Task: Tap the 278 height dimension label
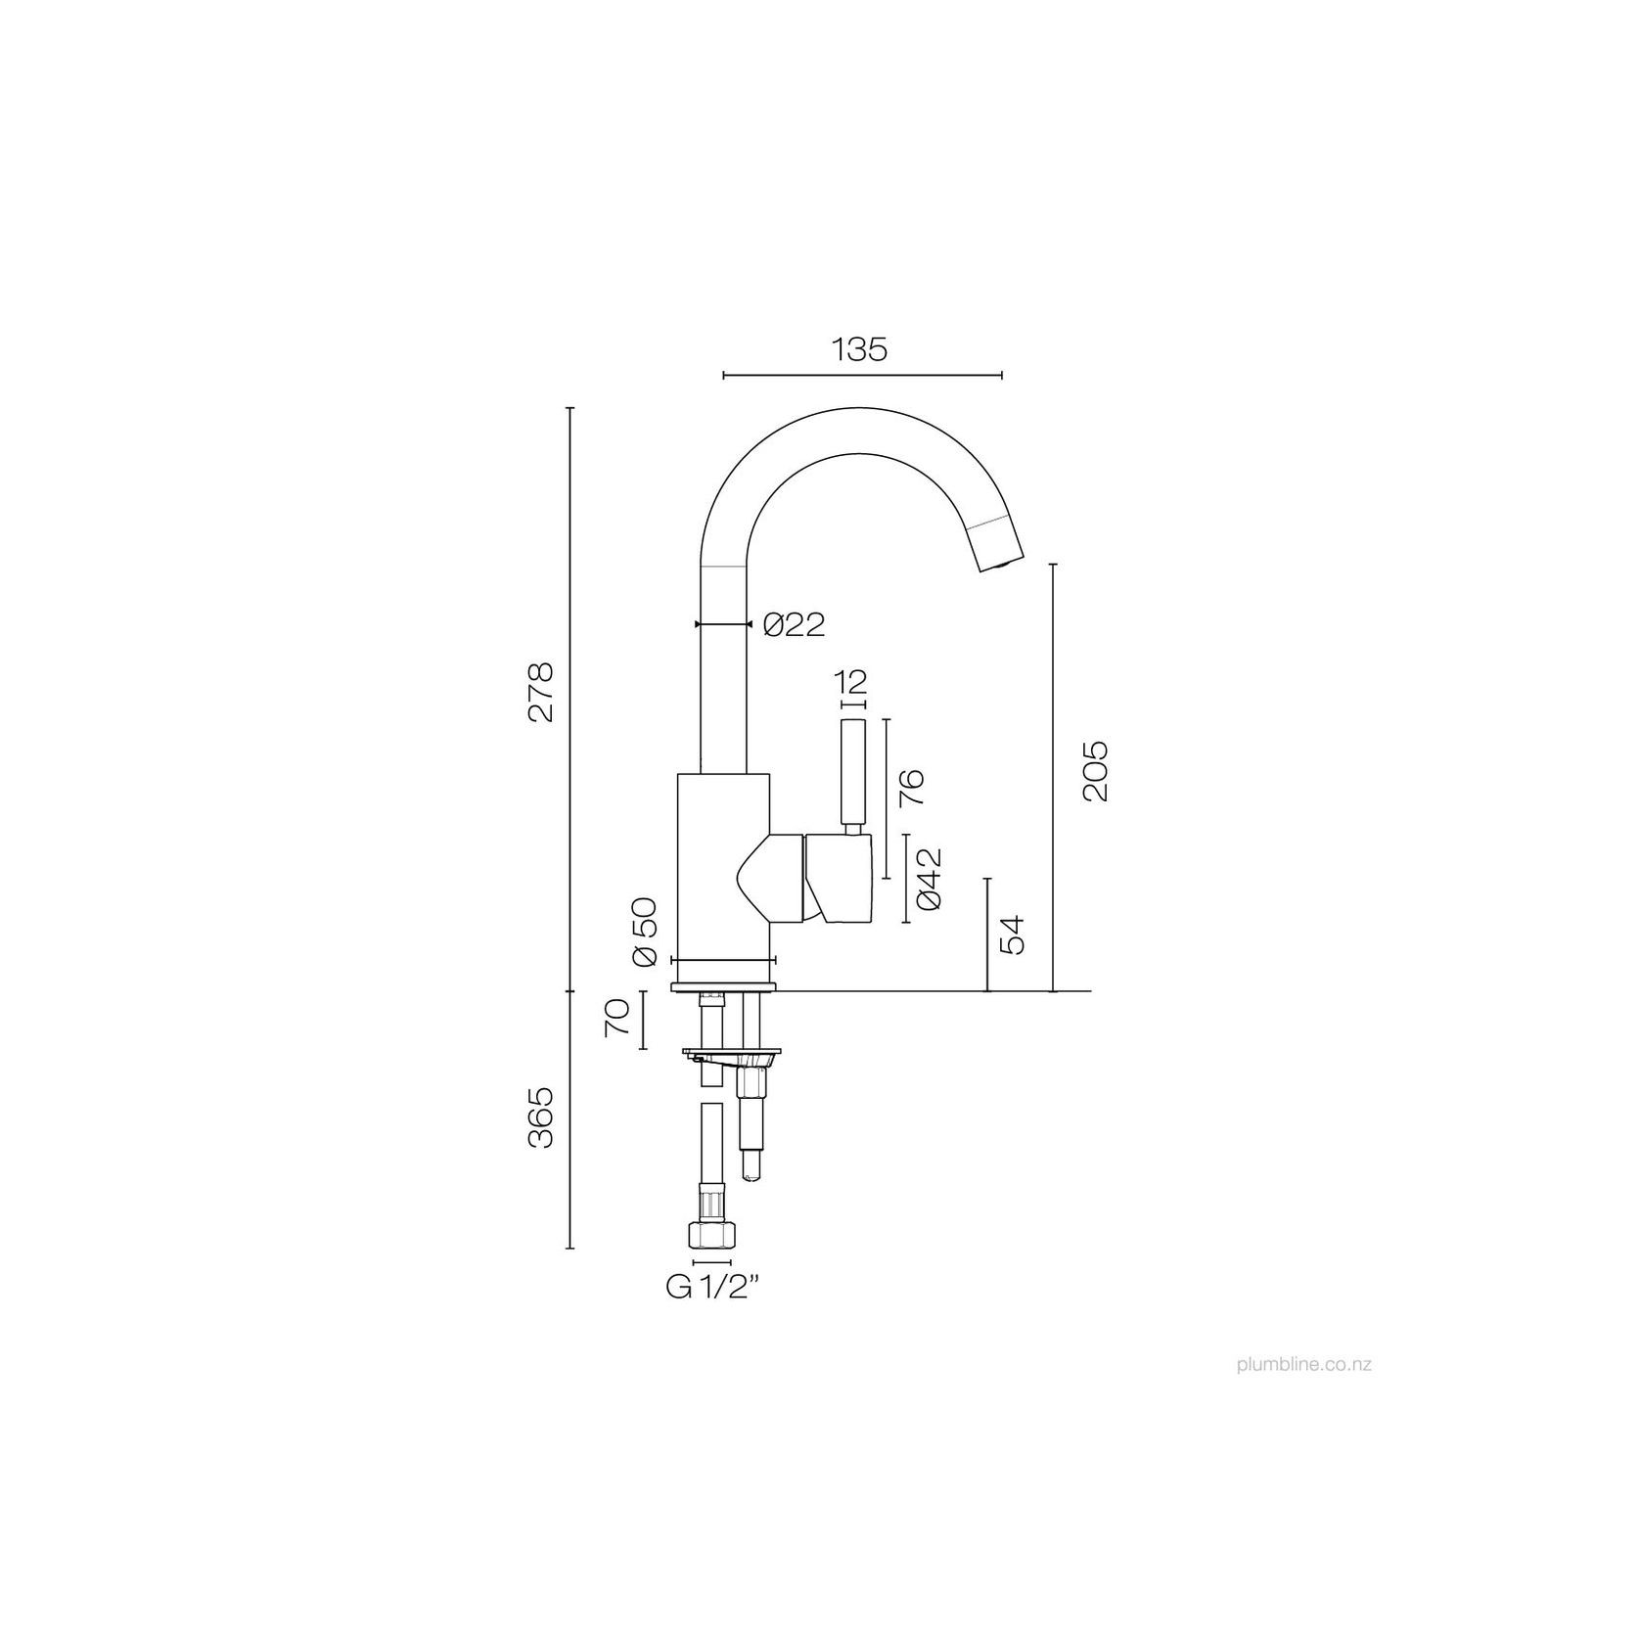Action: (x=540, y=693)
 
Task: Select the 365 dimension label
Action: (x=540, y=1116)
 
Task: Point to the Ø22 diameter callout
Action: (x=794, y=624)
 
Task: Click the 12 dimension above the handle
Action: (x=852, y=681)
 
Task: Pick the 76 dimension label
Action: (x=911, y=788)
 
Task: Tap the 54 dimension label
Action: (x=1012, y=935)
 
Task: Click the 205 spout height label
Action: (x=1096, y=771)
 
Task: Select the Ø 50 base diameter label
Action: (x=645, y=931)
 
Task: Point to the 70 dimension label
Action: (x=615, y=1020)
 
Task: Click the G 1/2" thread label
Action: (x=713, y=1288)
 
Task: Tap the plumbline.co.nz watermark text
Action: (x=1302, y=1364)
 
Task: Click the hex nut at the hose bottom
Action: (x=711, y=1235)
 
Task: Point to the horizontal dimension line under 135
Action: (x=861, y=375)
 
